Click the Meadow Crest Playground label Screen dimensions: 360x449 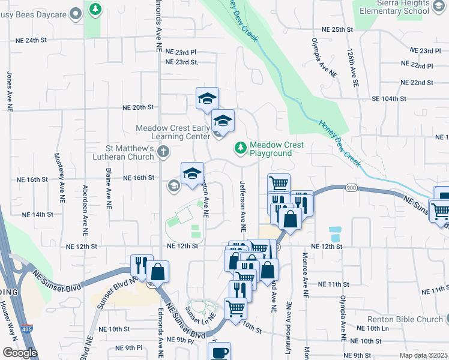point(277,149)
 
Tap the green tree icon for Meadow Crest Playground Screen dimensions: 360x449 point(241,146)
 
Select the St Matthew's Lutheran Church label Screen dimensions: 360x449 point(130,152)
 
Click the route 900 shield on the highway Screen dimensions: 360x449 point(351,188)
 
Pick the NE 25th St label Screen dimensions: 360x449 point(336,29)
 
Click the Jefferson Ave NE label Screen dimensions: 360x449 point(243,206)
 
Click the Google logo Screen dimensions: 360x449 point(20,353)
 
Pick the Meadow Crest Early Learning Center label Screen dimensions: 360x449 point(173,132)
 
